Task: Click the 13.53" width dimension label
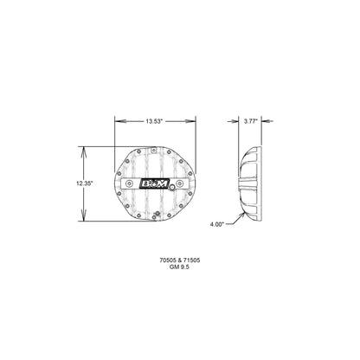(157, 122)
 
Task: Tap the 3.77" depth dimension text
(251, 122)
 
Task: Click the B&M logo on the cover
(157, 183)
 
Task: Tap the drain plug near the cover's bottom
(157, 213)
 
